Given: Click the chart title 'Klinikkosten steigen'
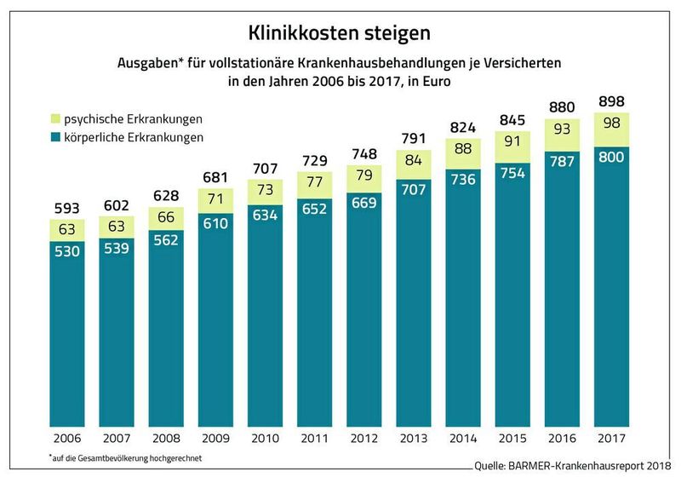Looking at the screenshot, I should coord(339,33).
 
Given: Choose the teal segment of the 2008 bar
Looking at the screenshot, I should coord(166,324).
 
